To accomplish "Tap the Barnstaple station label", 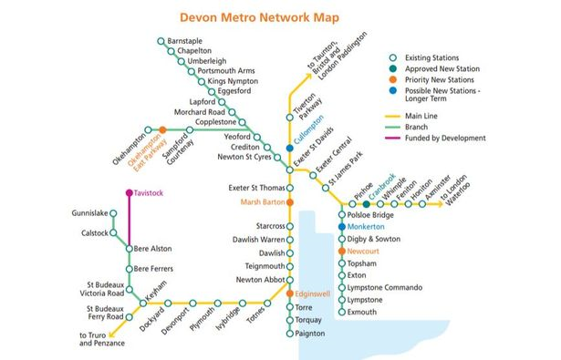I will tap(186, 41).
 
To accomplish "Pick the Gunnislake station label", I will tap(89, 213).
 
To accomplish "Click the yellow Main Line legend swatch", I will tap(394, 117).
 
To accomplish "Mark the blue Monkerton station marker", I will tap(342, 226).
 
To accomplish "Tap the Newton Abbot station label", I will tap(260, 279).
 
